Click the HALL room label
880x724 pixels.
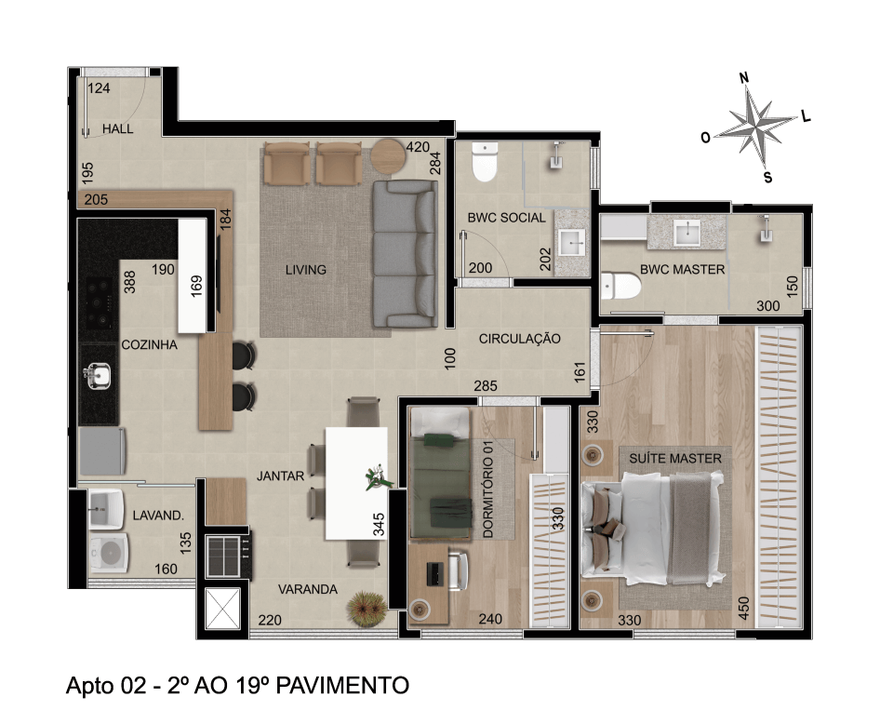[118, 128]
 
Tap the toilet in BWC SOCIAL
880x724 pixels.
[485, 161]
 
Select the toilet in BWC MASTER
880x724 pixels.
[620, 286]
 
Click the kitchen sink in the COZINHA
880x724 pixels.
[98, 375]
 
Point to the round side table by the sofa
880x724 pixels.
[389, 155]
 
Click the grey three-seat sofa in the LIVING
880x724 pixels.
[405, 254]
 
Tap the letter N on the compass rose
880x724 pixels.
[744, 77]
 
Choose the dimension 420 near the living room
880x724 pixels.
[418, 147]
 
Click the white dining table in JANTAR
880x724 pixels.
[356, 483]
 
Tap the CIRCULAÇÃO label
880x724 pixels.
[519, 339]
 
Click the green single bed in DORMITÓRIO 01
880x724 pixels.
[441, 473]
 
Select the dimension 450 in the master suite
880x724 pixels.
[743, 609]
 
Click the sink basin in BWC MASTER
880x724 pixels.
[687, 233]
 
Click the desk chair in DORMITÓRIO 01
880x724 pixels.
[458, 570]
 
